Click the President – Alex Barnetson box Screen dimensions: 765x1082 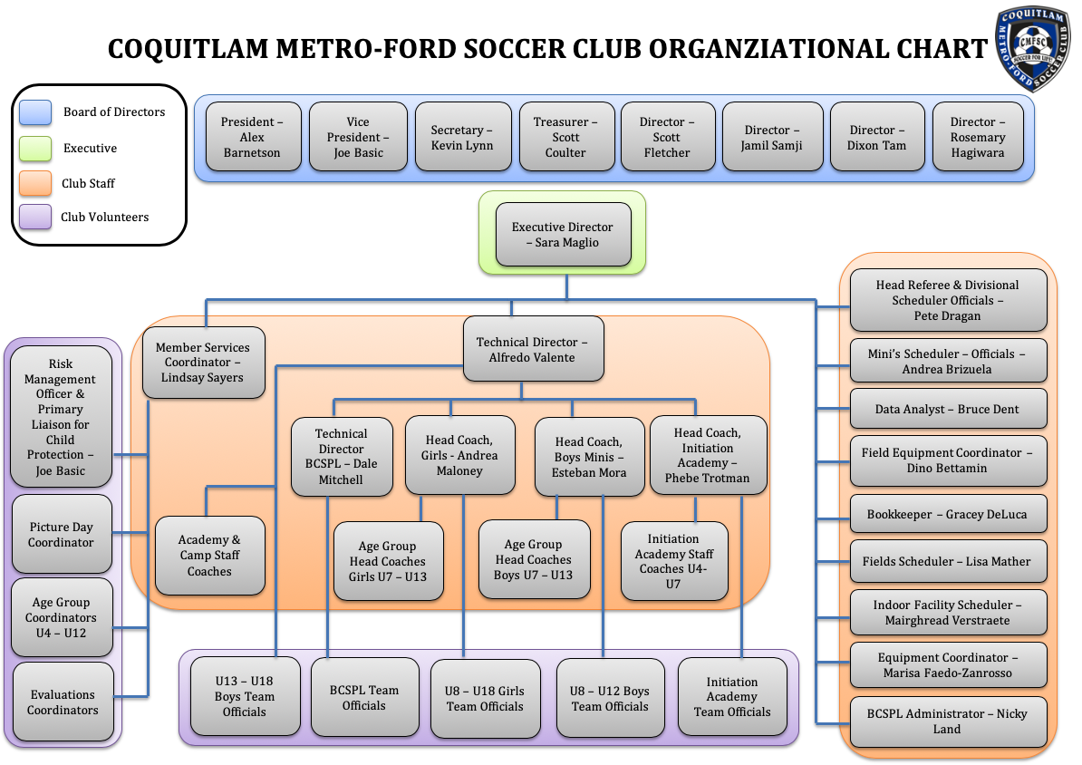click(x=252, y=138)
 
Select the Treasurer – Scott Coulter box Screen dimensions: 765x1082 click(x=565, y=138)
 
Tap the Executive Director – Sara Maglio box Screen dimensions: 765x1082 click(x=563, y=235)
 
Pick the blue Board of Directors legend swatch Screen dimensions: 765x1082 click(x=34, y=112)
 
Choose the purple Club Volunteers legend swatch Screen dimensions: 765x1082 click(x=34, y=218)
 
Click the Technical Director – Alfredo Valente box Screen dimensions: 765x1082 click(x=533, y=350)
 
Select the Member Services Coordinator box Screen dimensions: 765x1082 click(x=203, y=363)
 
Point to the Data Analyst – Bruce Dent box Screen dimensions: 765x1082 click(x=947, y=409)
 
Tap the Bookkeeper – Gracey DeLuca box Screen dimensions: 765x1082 click(x=947, y=514)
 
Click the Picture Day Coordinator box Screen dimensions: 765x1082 click(x=62, y=535)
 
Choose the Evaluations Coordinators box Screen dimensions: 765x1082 click(x=63, y=702)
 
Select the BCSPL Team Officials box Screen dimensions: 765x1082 click(x=364, y=697)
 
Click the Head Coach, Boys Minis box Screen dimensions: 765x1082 click(x=589, y=457)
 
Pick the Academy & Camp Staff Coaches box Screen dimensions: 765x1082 click(x=209, y=556)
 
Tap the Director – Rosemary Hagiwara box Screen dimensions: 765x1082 click(x=978, y=138)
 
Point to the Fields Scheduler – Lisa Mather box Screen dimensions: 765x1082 click(x=947, y=561)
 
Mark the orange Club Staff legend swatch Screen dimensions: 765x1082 click(x=34, y=183)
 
